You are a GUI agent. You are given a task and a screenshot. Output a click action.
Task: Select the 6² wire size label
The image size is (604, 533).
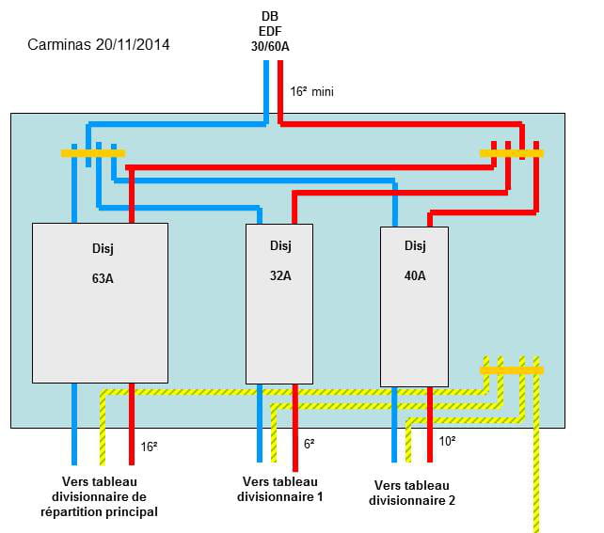(309, 444)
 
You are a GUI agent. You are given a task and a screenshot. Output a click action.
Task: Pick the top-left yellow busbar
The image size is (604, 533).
(92, 152)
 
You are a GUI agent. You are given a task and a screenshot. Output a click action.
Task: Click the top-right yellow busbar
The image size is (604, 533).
(511, 152)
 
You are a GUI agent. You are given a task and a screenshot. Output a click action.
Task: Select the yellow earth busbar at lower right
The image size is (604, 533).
(511, 370)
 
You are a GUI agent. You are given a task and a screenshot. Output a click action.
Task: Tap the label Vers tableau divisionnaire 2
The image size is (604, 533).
(413, 494)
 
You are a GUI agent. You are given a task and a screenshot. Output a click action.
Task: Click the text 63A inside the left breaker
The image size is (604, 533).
(100, 279)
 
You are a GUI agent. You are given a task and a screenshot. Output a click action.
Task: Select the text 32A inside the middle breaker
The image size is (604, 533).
(278, 275)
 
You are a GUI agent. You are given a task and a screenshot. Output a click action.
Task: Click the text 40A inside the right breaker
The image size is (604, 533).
(414, 275)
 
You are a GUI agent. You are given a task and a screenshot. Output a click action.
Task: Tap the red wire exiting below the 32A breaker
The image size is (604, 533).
(296, 442)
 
